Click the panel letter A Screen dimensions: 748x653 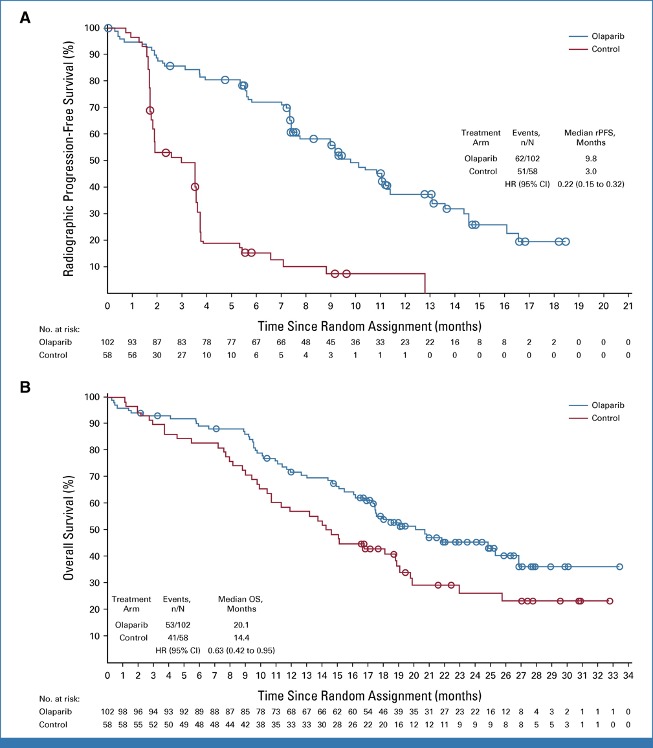coord(25,17)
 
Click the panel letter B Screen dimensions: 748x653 coord(25,387)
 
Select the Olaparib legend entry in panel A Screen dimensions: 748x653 coord(607,37)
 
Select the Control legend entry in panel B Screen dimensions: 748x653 coord(606,418)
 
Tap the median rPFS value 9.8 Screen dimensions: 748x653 coord(589,158)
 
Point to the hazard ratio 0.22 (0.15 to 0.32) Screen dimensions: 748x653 coord(591,184)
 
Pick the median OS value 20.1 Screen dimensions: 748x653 coord(241,625)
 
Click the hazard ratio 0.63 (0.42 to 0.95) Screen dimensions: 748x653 coord(241,650)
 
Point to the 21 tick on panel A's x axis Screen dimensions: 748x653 coord(628,306)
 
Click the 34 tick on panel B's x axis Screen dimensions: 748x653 coord(628,675)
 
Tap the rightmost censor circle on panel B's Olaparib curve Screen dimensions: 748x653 coord(619,567)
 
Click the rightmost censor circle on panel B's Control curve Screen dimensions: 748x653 coord(610,601)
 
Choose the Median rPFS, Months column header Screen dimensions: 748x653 coord(589,137)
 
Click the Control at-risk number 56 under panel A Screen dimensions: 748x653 coord(132,355)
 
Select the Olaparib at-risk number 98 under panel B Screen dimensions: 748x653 coord(122,712)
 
